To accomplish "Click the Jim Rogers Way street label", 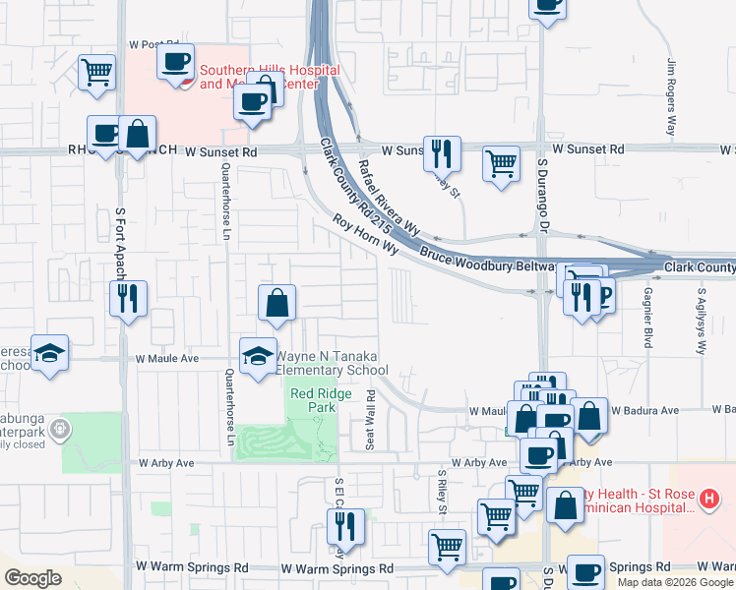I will pyautogui.click(x=672, y=96).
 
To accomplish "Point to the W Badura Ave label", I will pyautogui.click(x=644, y=410).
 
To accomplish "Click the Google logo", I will pyautogui.click(x=32, y=578).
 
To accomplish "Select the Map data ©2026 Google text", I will pyautogui.click(x=675, y=582).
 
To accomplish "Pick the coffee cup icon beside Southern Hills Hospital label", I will pyautogui.click(x=175, y=63).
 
